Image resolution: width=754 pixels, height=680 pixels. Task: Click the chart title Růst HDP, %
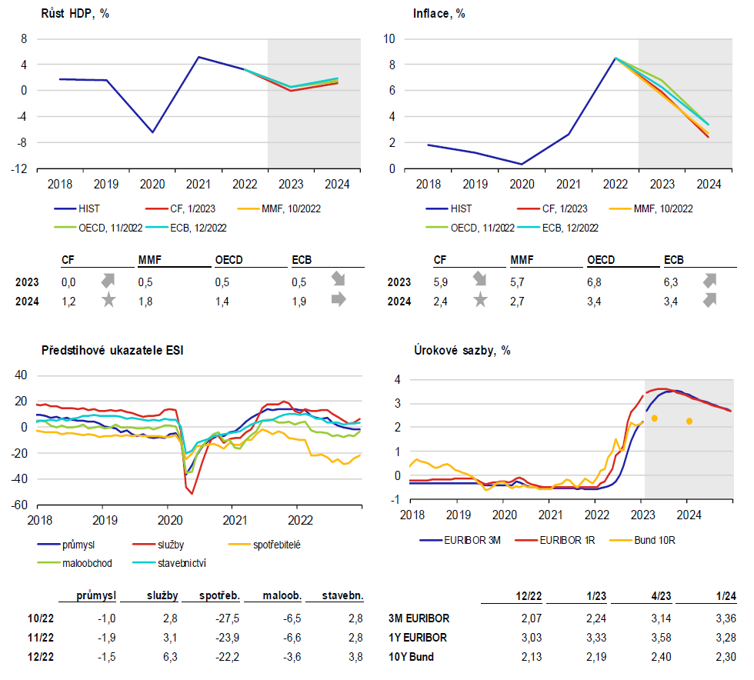coord(75,14)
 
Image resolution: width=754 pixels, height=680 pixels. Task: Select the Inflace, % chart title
coord(439,14)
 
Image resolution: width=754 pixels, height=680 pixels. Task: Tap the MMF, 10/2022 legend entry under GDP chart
coord(279,208)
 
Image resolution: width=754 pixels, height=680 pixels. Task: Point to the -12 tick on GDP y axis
coord(19,168)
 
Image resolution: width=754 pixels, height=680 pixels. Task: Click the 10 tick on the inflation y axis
coord(389,39)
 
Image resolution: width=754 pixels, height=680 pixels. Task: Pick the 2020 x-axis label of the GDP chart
coord(152,184)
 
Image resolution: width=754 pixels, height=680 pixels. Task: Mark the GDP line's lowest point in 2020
coord(153,132)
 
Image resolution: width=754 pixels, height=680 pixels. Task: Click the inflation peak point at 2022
coord(616,58)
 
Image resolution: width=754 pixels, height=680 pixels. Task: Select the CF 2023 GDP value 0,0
coord(68,282)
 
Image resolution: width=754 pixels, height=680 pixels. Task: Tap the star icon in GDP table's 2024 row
coord(109,300)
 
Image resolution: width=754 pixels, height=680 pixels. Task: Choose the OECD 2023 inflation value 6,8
coord(594,282)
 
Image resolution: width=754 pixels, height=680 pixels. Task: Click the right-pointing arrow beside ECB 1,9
coord(339,299)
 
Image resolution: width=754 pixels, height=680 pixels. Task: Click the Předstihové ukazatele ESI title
coord(112,350)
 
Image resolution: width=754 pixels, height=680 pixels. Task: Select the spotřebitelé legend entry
coord(265,545)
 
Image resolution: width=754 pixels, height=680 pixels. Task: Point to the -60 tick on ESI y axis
coord(19,505)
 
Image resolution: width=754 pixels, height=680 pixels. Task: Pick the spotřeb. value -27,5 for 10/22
coord(228,618)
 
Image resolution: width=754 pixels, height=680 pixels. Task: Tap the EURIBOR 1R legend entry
coord(555,541)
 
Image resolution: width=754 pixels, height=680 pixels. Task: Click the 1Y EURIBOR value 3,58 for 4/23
coord(661,638)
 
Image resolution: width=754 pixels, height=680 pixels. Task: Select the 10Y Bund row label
coord(411,657)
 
